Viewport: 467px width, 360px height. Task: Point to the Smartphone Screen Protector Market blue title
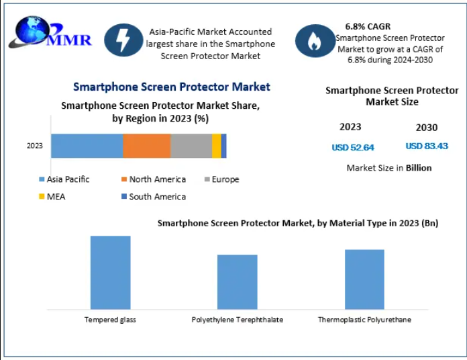(171, 87)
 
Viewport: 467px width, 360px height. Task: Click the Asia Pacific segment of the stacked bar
(87, 146)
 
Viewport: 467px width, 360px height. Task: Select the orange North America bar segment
(146, 146)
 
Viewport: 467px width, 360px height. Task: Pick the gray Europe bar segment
(191, 146)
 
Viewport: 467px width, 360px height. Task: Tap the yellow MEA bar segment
(216, 146)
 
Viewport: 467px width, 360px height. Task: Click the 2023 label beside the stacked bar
(35, 146)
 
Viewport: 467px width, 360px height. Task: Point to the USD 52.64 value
(352, 147)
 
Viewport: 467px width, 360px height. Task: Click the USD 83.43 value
(427, 146)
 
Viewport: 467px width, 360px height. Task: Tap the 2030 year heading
(426, 128)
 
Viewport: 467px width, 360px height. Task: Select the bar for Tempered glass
(110, 272)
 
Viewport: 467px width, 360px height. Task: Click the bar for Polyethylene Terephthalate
(237, 282)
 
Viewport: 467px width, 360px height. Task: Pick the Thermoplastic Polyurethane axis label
(364, 320)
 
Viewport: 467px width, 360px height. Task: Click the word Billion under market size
(418, 167)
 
